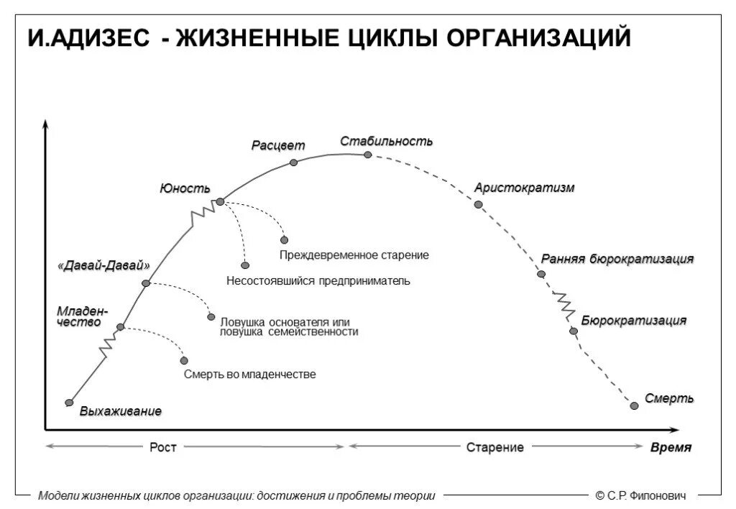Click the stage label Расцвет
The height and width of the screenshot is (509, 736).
(x=277, y=145)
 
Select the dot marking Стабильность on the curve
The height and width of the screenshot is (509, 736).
(x=367, y=155)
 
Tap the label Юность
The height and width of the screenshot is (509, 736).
(x=185, y=188)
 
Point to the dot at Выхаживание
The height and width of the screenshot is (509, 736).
(x=69, y=403)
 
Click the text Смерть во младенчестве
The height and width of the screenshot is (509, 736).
(x=249, y=375)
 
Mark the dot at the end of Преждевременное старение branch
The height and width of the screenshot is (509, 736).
(x=284, y=239)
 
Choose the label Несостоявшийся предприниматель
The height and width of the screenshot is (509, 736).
(x=318, y=280)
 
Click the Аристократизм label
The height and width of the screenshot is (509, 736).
(x=524, y=188)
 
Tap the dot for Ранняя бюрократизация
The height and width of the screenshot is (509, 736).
(x=541, y=274)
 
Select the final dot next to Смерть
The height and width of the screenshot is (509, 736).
(x=634, y=405)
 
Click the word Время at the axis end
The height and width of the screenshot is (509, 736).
(x=670, y=447)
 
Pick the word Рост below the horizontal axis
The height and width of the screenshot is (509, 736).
(x=162, y=447)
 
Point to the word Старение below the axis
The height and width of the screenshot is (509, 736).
(x=494, y=447)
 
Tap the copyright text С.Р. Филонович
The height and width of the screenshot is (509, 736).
(x=640, y=495)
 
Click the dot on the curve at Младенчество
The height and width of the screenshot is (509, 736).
(x=120, y=327)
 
